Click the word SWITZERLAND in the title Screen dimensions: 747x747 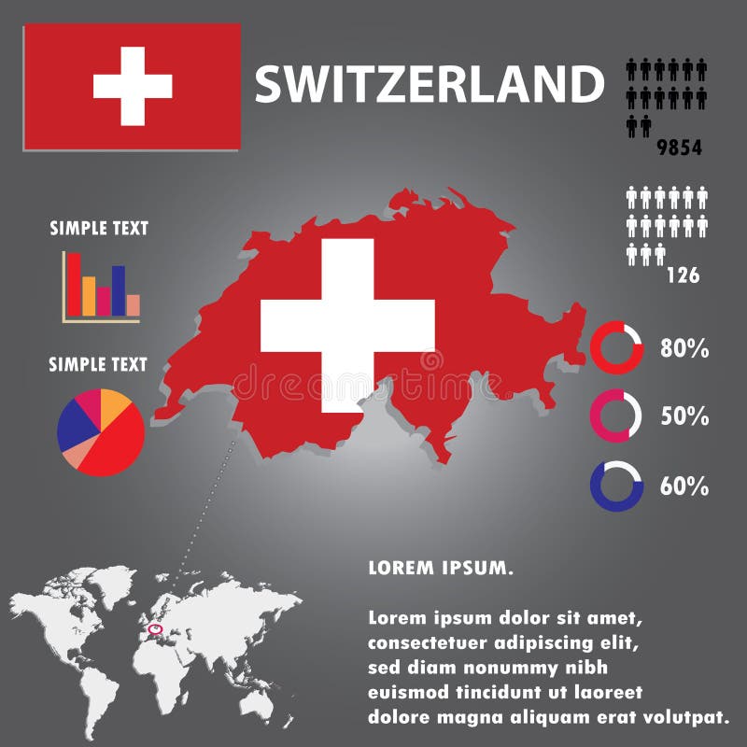(x=430, y=84)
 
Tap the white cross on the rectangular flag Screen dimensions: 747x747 (x=133, y=86)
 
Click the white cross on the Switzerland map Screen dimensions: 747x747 (x=347, y=325)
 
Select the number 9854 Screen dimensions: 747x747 (x=679, y=148)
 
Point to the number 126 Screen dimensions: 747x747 (x=683, y=275)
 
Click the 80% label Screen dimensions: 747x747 (x=684, y=349)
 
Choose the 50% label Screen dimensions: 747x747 (x=684, y=416)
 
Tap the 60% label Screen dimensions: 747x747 (x=684, y=486)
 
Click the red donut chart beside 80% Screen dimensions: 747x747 (x=617, y=348)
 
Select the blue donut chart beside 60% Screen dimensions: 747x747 (x=616, y=486)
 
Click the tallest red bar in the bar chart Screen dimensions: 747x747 (x=74, y=284)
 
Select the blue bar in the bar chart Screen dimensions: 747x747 (x=119, y=290)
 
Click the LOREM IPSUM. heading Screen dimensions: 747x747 (x=440, y=567)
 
